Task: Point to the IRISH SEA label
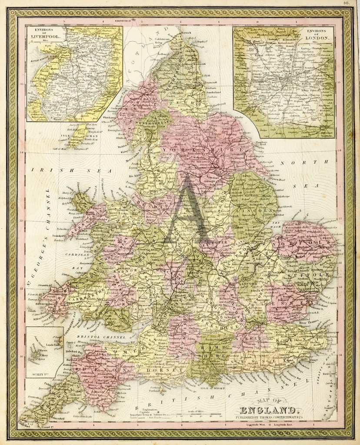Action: [74, 171]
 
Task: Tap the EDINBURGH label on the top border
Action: [123, 20]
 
